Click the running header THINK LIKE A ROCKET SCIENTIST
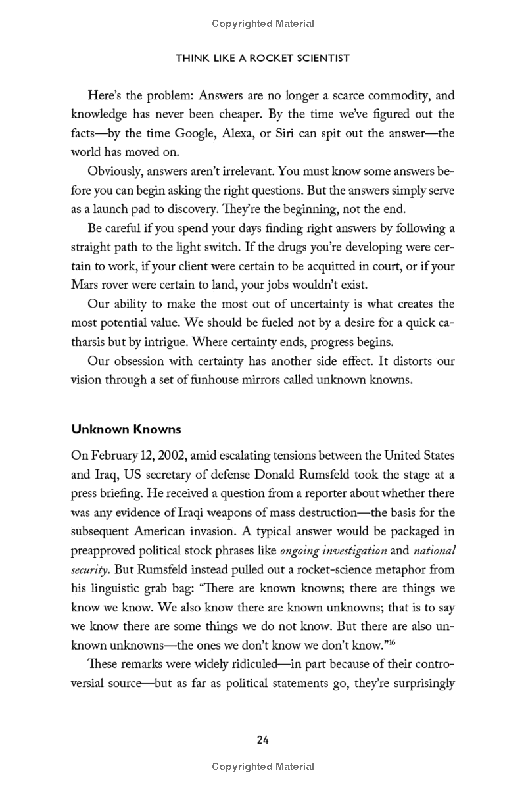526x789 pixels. pyautogui.click(x=263, y=59)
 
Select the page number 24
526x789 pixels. pyautogui.click(x=263, y=740)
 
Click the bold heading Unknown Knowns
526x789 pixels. pyautogui.click(x=126, y=429)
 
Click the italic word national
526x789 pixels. pyautogui.click(x=434, y=550)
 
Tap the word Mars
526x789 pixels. pyautogui.click(x=84, y=286)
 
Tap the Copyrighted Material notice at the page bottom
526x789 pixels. pyautogui.click(x=263, y=767)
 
